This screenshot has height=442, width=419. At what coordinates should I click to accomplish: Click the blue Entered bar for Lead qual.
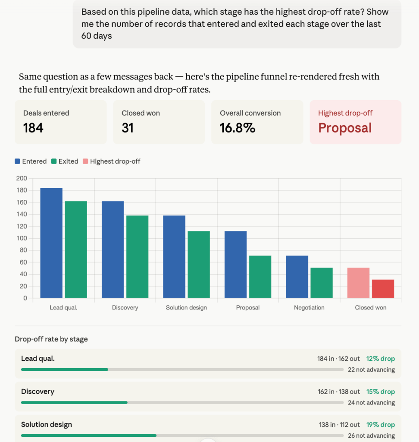pos(51,243)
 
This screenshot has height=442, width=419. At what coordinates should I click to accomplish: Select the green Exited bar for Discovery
pos(138,256)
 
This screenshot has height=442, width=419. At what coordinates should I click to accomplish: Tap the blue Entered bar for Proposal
pos(236,265)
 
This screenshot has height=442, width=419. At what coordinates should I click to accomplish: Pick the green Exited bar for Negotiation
pos(322,283)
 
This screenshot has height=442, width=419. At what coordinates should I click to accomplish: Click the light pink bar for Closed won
pos(359,283)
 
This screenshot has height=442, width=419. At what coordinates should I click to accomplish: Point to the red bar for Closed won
pos(383,289)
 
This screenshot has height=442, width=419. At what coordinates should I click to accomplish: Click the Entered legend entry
pos(31,161)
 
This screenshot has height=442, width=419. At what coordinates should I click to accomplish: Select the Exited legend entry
pos(65,161)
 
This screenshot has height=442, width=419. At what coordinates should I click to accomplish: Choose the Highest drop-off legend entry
pos(112,161)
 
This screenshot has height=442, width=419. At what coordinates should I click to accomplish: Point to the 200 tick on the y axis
pos(22,178)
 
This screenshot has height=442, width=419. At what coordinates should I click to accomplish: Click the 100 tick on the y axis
pos(22,238)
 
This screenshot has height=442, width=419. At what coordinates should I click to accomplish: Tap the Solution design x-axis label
pos(186,307)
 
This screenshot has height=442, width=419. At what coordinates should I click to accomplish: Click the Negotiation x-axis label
pos(309,307)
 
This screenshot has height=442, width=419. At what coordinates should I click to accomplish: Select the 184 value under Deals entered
pos(33,128)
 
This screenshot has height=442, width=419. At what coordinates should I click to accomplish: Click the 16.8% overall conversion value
pos(238,128)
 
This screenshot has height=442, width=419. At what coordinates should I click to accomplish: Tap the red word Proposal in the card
pos(345,128)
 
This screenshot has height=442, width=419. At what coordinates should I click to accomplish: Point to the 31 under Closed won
pos(128,128)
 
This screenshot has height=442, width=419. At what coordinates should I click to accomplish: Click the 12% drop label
pos(381,359)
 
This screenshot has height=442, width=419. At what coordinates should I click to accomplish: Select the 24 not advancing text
pos(371,403)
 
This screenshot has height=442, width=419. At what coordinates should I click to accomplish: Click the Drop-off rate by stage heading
pos(51,339)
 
